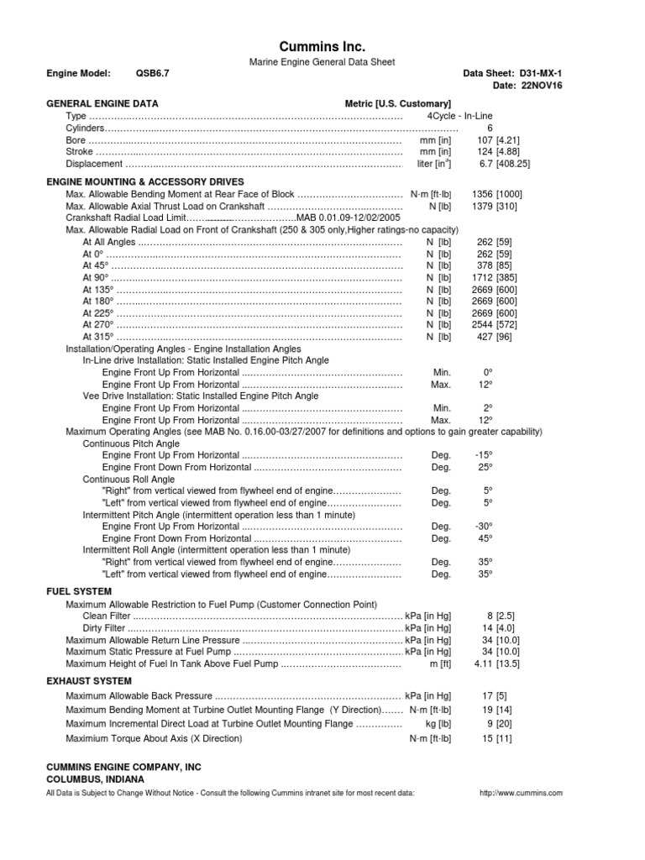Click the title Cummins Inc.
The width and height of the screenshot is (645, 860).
click(x=322, y=47)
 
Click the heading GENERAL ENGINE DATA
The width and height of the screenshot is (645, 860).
click(x=102, y=103)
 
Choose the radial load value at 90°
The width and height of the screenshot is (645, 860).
click(x=496, y=277)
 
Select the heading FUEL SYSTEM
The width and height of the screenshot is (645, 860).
click(x=78, y=591)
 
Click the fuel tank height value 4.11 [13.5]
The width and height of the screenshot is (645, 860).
click(x=497, y=663)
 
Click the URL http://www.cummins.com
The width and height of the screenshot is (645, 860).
click(x=520, y=793)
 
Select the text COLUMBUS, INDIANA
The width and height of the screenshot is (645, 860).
click(x=88, y=779)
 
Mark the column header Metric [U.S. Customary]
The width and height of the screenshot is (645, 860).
click(x=398, y=103)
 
